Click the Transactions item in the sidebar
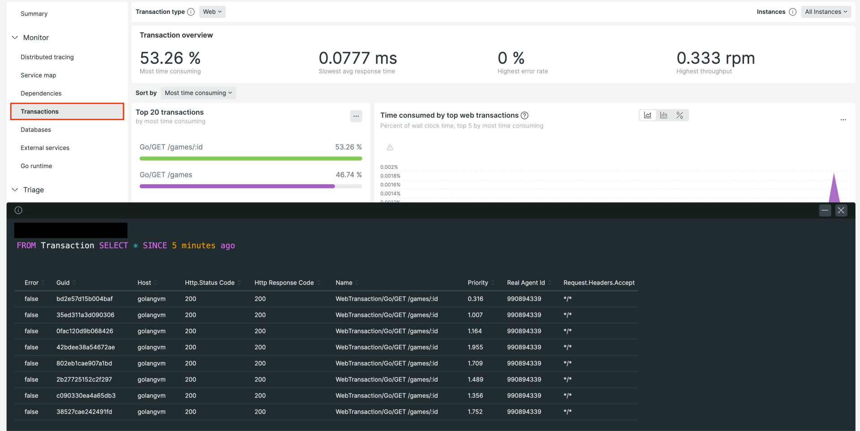[x=39, y=112]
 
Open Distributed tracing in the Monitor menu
[x=47, y=57]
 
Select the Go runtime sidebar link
[x=36, y=166]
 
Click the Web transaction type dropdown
[x=212, y=12]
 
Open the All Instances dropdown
[x=826, y=12]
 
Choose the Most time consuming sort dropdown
[x=198, y=93]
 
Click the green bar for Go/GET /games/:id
[x=250, y=159]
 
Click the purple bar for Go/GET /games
[x=237, y=186]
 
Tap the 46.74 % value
[x=348, y=175]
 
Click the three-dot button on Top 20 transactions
[x=356, y=116]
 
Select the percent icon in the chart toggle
[x=679, y=115]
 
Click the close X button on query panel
[x=841, y=210]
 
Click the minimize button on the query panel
[x=825, y=210]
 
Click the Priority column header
[x=477, y=283]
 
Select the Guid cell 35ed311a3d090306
[x=85, y=315]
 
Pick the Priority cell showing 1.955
[x=475, y=347]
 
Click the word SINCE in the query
[x=155, y=246]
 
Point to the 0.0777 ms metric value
[x=357, y=58]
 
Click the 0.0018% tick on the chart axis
[x=390, y=176]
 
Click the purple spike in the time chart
[x=834, y=190]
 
